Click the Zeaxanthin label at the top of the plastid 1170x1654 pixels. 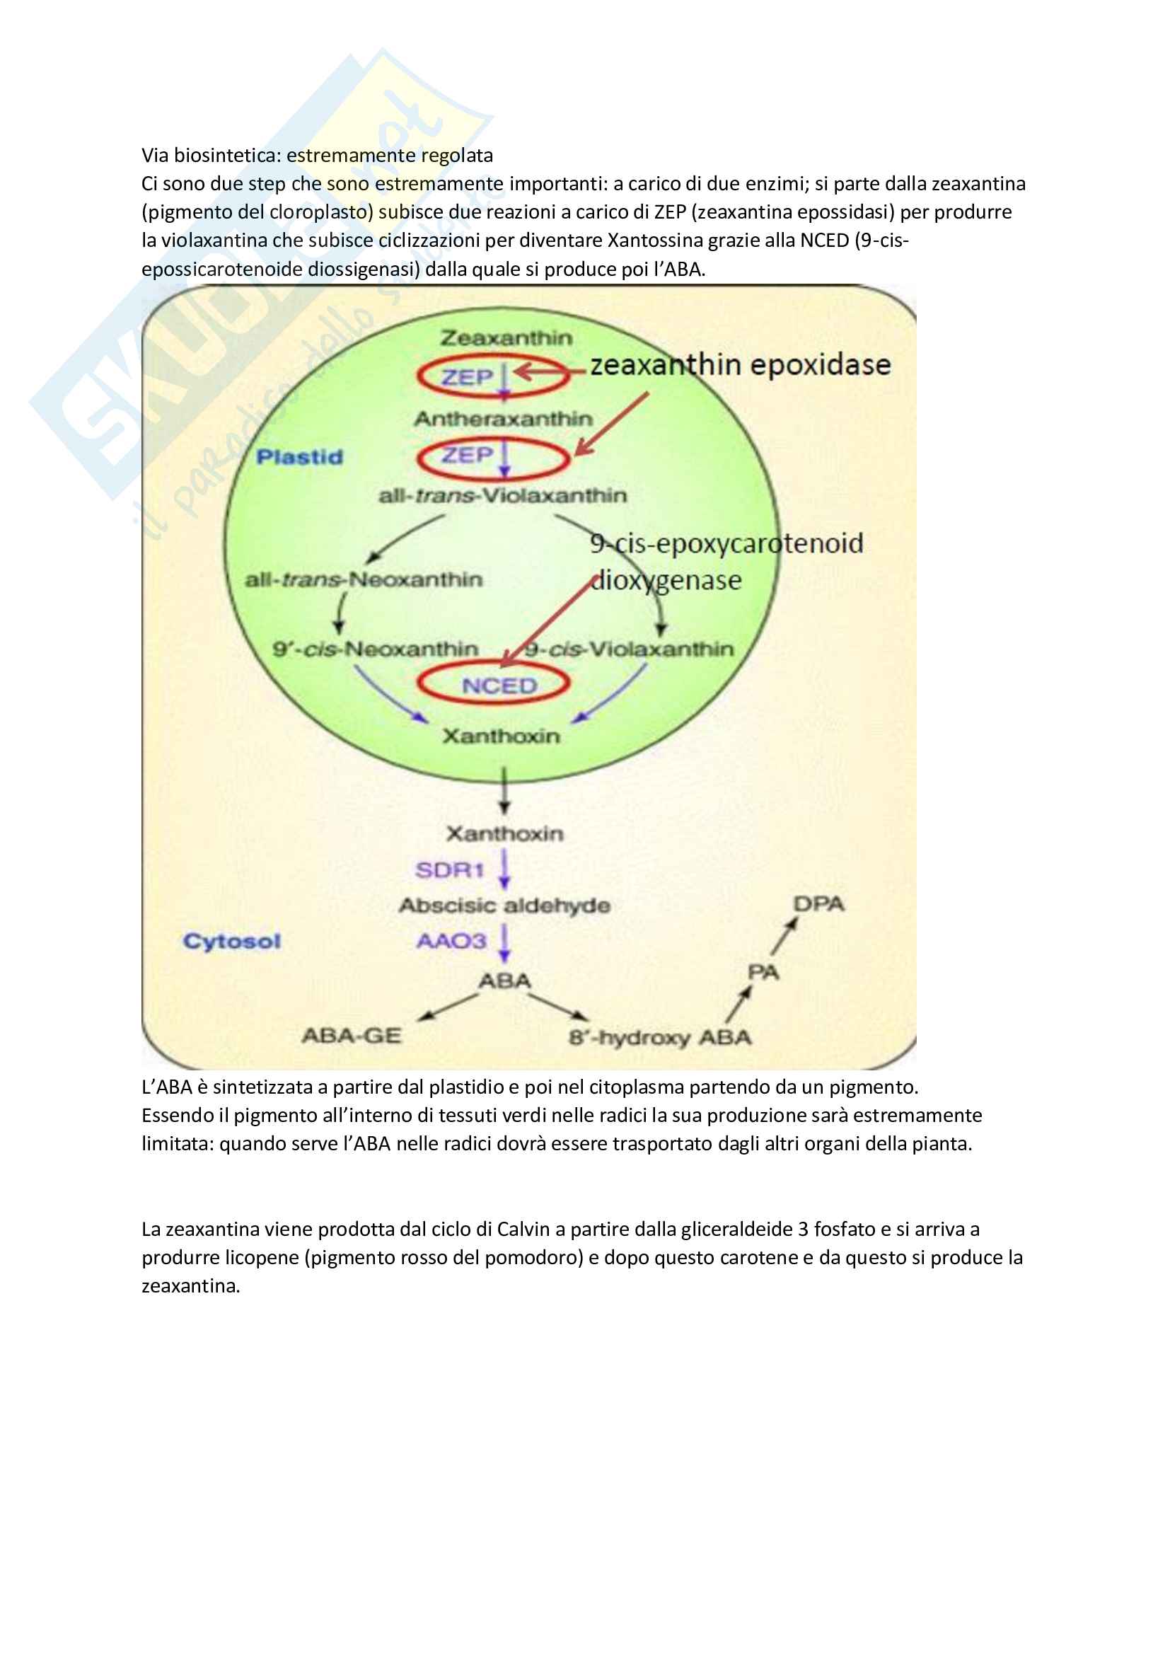pos(506,338)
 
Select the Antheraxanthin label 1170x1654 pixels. pos(503,419)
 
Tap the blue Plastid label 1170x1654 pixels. pos(300,457)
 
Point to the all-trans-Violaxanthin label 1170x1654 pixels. pos(503,496)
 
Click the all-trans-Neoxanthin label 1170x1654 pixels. pos(364,579)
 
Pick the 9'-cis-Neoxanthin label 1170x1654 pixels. pos(375,649)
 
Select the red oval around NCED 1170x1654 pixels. pos(494,685)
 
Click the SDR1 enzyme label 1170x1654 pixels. pos(449,870)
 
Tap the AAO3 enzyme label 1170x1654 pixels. pos(452,941)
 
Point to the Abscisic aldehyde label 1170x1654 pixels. pos(504,906)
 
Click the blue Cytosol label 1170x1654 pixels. pos(232,942)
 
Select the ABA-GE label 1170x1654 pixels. pos(351,1036)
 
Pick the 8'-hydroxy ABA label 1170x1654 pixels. pos(659,1037)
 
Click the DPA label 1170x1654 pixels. pos(818,903)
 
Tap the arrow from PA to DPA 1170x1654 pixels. pos(784,936)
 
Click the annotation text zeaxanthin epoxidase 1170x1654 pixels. pos(740,364)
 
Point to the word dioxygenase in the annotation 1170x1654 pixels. pos(666,580)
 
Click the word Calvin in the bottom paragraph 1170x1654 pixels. pos(522,1229)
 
